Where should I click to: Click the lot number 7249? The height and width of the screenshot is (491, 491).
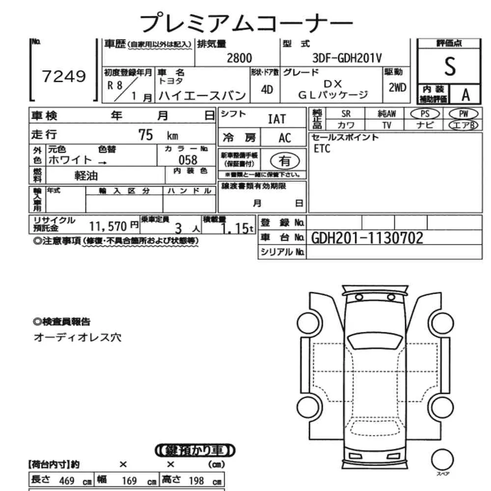(64, 76)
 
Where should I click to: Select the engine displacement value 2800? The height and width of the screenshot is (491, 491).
(239, 58)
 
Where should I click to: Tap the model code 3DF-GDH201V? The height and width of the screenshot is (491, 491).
(347, 58)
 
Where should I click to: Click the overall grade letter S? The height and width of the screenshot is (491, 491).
(450, 66)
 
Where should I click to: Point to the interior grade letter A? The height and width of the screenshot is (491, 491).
(465, 95)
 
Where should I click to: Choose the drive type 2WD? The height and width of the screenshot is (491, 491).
(397, 88)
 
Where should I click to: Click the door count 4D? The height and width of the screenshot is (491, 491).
(267, 90)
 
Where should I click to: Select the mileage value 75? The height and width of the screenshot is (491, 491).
(146, 135)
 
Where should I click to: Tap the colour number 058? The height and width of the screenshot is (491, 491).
(188, 160)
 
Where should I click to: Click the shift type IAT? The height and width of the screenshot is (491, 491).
(277, 119)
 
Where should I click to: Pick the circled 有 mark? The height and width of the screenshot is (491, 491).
(285, 161)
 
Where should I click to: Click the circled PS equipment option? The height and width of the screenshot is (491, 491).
(425, 114)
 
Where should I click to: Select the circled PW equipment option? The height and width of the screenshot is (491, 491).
(464, 114)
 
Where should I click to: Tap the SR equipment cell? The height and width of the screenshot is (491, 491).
(346, 114)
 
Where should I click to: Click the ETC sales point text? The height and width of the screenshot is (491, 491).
(322, 149)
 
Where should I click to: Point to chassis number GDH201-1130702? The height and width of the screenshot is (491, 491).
(367, 238)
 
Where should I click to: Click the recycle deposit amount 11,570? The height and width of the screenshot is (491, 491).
(108, 226)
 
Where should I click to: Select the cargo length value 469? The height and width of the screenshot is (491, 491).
(67, 480)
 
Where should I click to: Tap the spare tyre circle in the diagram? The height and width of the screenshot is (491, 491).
(442, 460)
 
